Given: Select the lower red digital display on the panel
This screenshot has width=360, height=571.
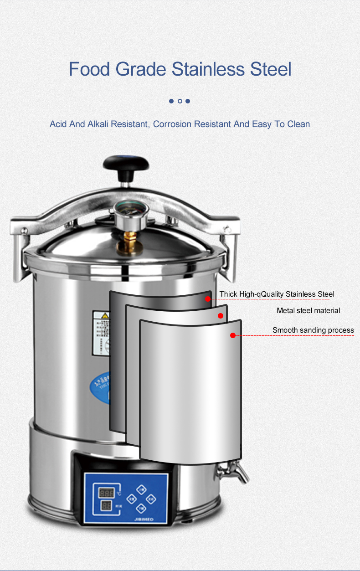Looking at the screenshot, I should point(106,506).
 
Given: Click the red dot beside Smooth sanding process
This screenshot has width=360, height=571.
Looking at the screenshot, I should point(232,335).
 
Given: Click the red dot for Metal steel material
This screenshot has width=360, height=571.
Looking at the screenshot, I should point(221,315).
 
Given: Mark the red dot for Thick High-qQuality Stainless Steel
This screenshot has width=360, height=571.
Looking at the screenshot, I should point(208,299).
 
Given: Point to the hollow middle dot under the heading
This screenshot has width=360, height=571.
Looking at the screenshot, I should point(180,101).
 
